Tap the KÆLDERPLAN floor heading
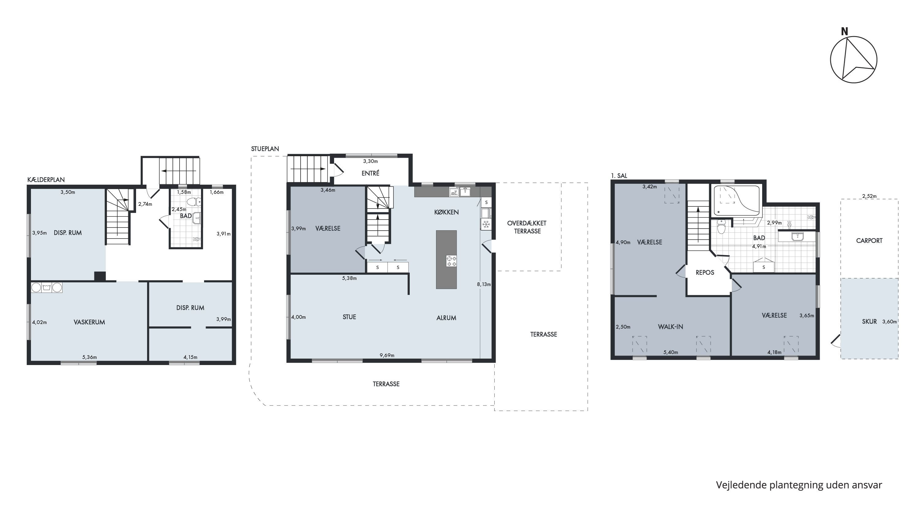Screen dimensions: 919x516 46,180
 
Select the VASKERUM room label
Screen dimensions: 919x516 89,322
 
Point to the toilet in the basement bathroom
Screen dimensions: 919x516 194,202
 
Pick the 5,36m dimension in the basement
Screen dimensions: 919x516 89,357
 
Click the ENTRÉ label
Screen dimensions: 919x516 370,173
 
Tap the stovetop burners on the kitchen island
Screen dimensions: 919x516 451,261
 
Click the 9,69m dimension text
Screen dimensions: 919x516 387,355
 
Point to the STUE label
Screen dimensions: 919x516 349,317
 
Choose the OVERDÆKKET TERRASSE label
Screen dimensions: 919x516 527,227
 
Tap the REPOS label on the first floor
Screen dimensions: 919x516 705,273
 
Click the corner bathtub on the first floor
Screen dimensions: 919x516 736,201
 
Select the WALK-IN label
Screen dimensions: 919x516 671,327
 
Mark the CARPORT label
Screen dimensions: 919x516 869,241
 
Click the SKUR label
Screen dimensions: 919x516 869,322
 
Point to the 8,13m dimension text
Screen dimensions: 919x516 484,284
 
